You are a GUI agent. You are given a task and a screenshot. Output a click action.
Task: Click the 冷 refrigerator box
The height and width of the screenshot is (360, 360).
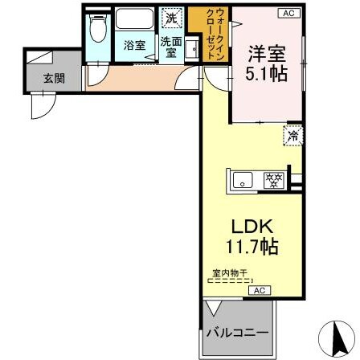point(292,136)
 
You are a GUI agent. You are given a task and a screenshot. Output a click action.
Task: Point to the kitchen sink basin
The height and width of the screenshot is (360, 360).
point(243,180)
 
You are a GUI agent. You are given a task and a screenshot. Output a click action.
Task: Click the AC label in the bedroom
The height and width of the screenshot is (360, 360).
point(289,13)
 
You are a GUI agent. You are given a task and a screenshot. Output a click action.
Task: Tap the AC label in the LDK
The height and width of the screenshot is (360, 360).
point(260,290)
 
